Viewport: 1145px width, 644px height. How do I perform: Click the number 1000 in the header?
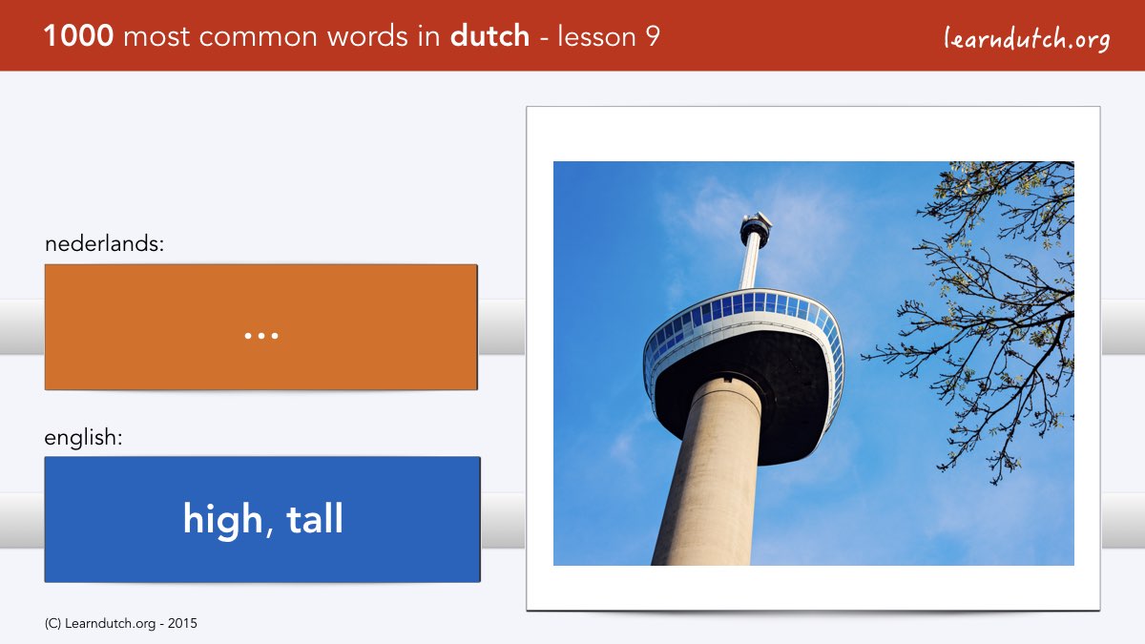[x=78, y=36]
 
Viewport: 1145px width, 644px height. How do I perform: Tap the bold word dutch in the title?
[x=489, y=35]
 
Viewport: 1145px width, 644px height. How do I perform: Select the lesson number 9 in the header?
[x=653, y=36]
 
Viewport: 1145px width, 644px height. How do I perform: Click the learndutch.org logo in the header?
[x=1027, y=39]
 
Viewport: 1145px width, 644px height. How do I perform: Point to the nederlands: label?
[x=104, y=243]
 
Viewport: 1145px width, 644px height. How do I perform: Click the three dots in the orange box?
[x=261, y=336]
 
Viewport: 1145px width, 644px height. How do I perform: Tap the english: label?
[x=83, y=438]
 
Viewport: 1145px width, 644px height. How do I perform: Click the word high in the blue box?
[x=223, y=520]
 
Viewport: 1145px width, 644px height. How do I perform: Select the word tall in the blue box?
[x=314, y=518]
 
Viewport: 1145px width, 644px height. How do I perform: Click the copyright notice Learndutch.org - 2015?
[x=120, y=624]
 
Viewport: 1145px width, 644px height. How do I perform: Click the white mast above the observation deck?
[x=751, y=266]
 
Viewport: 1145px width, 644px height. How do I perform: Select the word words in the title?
[x=367, y=36]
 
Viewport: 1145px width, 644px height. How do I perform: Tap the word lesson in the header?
[x=596, y=36]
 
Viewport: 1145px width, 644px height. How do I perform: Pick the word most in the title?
[x=156, y=37]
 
